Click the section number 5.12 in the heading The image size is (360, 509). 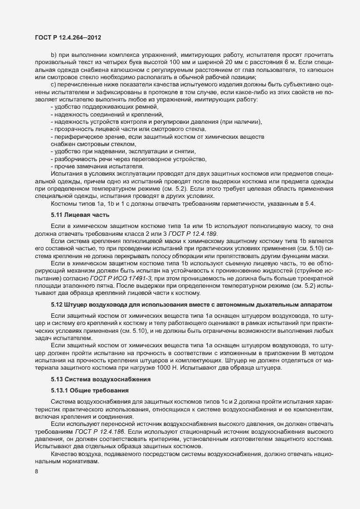pyautogui.click(x=57, y=305)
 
